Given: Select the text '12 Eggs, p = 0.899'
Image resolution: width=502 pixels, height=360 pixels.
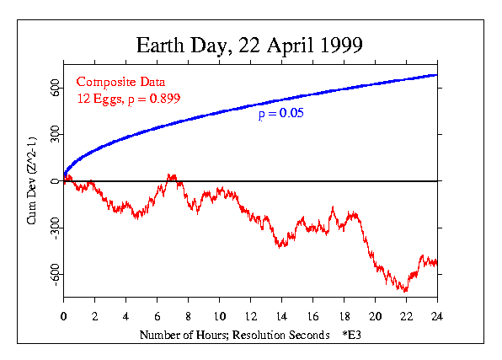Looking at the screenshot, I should pos(128,98).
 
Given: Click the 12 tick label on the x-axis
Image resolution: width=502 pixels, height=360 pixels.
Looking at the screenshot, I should pos(251,317).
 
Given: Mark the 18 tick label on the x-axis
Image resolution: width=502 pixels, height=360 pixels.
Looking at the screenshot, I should pos(344,317).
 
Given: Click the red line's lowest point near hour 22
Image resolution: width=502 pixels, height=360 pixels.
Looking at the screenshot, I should pos(406,292).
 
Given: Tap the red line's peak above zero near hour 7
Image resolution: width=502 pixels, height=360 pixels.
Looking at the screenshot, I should pos(170,175).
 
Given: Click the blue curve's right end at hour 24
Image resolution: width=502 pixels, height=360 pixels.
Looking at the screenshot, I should pos(436,75).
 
